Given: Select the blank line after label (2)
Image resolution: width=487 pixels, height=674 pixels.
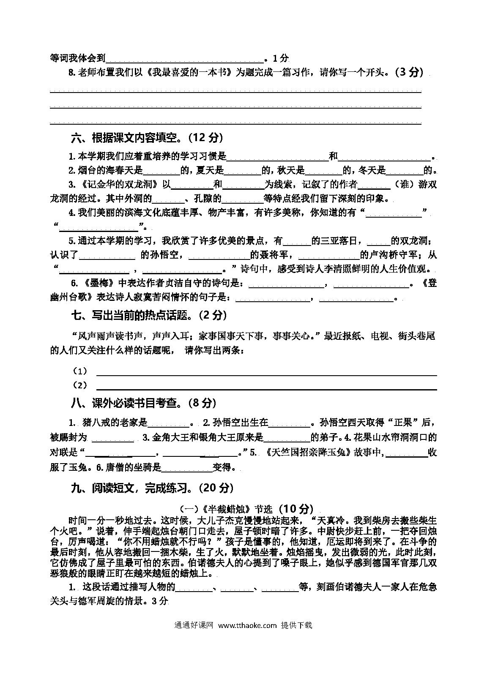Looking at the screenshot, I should click(x=266, y=386).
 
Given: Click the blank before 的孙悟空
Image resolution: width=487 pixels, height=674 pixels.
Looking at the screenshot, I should click(x=107, y=256).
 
